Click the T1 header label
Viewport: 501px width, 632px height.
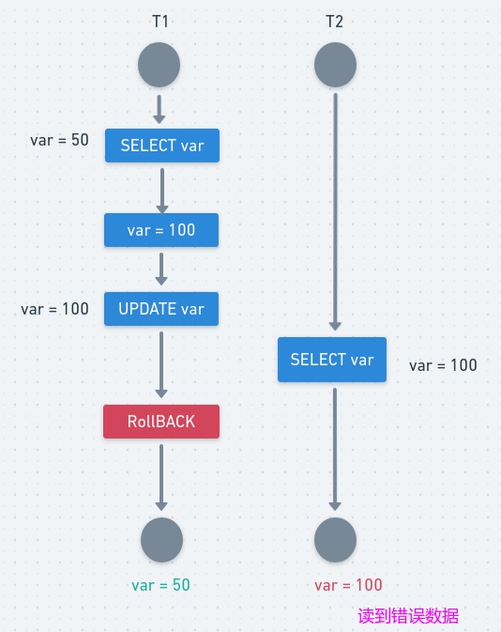[160, 22]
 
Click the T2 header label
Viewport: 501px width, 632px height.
[333, 22]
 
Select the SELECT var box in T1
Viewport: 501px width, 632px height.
[161, 146]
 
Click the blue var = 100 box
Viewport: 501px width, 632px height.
[161, 229]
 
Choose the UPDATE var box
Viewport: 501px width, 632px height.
[161, 309]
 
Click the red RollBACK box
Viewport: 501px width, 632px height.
[161, 422]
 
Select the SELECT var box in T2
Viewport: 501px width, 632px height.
[332, 360]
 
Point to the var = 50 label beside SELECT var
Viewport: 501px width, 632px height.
[59, 140]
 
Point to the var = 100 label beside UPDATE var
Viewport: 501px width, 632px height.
[54, 309]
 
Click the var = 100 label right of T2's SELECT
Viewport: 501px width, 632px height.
[443, 365]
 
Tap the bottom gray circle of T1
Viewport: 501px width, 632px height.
[161, 540]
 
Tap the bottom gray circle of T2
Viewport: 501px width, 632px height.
[335, 540]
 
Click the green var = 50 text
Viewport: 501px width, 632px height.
[160, 584]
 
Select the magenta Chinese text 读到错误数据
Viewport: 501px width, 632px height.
[408, 617]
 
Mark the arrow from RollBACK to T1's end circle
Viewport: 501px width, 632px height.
[161, 477]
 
